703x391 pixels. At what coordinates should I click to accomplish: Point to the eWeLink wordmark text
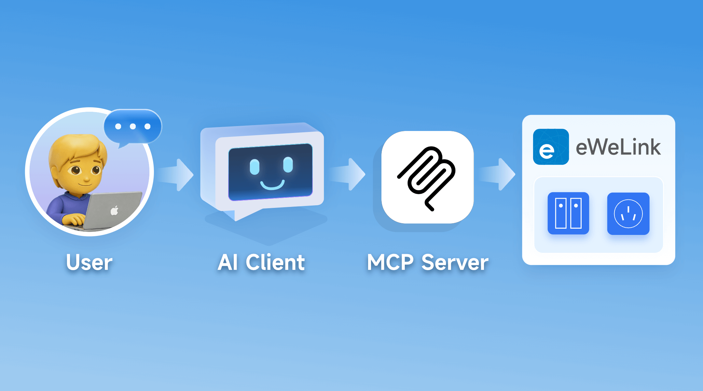(618, 147)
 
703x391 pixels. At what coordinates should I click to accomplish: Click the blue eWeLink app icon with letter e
(551, 147)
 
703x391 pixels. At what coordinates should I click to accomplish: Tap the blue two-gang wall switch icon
(568, 213)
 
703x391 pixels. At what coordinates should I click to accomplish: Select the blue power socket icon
(628, 213)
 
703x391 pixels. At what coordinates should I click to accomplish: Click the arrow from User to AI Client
(177, 175)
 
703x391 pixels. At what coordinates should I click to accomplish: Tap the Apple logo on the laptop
(114, 211)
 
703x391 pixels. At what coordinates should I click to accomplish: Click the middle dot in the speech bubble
(133, 126)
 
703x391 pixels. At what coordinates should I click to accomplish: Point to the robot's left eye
(254, 167)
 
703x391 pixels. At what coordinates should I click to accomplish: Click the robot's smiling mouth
(272, 185)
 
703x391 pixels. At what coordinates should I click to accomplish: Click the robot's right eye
(288, 165)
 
